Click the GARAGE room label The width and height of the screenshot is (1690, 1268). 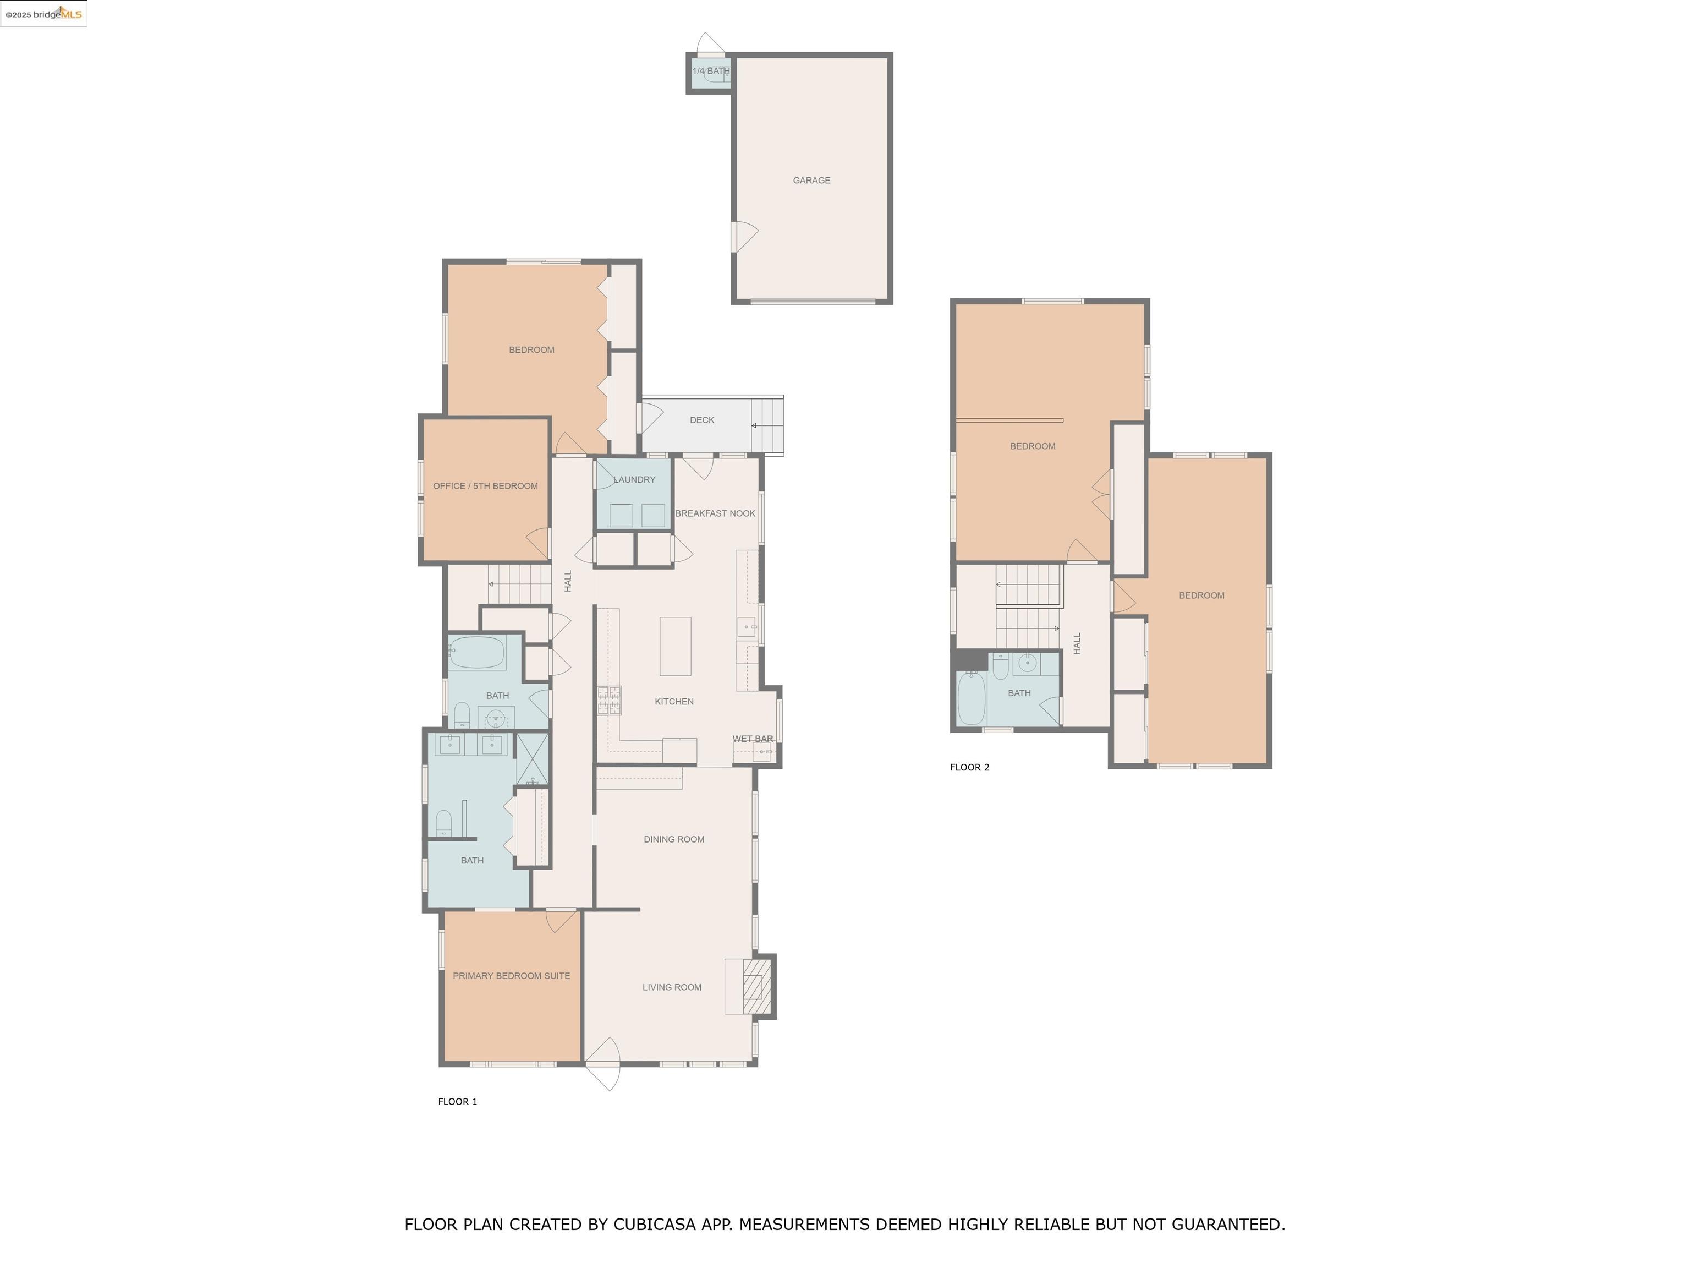tap(811, 181)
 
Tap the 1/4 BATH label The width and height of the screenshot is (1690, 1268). tap(711, 71)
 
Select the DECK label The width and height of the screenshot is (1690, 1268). tap(701, 420)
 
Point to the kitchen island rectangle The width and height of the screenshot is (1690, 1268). tap(676, 647)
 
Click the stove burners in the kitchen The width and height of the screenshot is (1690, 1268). tap(609, 700)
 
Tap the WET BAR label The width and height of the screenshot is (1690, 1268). tap(753, 739)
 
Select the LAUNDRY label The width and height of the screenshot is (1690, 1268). tap(634, 480)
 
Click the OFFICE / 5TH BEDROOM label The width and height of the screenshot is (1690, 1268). tap(485, 486)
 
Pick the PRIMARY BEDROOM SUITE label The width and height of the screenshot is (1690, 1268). tap(511, 976)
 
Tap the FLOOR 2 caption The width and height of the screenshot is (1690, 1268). tap(969, 767)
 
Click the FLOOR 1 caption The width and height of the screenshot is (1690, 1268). tap(457, 1101)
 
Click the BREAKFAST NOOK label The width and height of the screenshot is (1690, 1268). tap(715, 513)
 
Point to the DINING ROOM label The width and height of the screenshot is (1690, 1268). tap(674, 839)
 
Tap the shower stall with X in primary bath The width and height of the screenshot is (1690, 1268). tap(533, 758)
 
